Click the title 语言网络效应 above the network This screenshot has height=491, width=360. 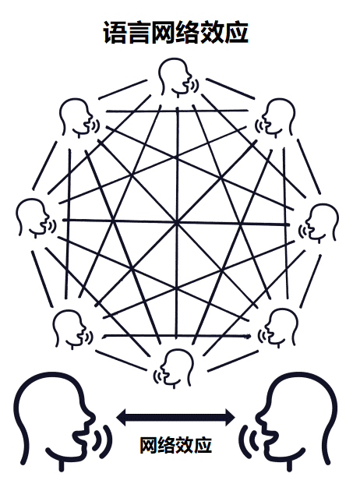175,33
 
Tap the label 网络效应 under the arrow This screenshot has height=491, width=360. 175,445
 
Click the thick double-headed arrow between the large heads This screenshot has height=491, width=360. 175,417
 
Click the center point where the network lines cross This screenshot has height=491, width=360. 177,223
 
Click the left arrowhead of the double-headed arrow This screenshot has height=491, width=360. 122,417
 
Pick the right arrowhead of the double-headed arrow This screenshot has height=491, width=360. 230,417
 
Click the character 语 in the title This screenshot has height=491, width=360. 115,33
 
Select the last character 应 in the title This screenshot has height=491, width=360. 237,33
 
